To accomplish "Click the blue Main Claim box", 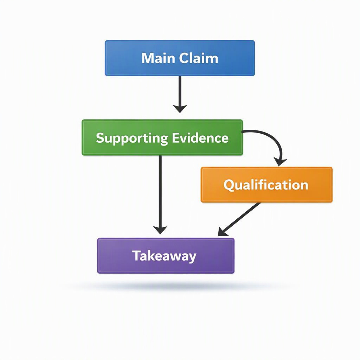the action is (x=180, y=58).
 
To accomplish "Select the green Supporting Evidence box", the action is (x=162, y=137).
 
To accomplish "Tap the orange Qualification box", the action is (x=266, y=185).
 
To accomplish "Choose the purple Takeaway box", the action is (x=166, y=256).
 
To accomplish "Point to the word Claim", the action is (x=199, y=58).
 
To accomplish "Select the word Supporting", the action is (x=132, y=139).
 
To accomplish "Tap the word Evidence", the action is (x=200, y=138).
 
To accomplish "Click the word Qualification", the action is (x=266, y=185).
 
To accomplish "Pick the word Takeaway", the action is (x=164, y=256).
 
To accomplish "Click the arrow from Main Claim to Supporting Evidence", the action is (x=180, y=94).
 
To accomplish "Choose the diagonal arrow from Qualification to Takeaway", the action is (x=239, y=219).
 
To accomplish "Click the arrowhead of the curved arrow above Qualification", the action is (x=280, y=162).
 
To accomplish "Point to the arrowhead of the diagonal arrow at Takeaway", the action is (x=222, y=232).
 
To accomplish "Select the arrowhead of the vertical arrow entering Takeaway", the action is (x=160, y=230).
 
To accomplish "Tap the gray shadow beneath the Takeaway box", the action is (x=174, y=285).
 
